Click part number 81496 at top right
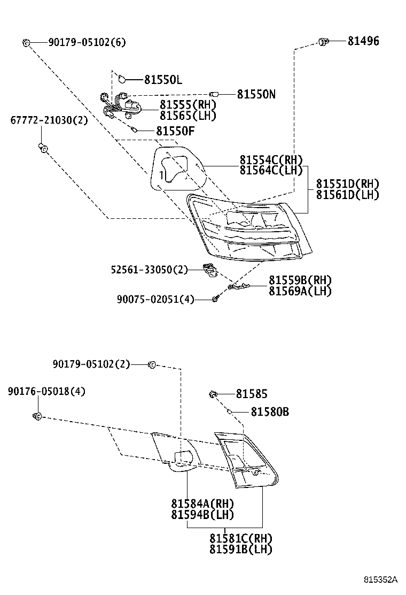tap(363, 41)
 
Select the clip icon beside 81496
tap(323, 41)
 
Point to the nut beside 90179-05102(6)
tap(26, 42)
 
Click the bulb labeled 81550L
tap(122, 80)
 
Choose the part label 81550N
tap(256, 94)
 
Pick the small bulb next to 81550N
tap(214, 94)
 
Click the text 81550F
tap(175, 130)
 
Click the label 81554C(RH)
tap(271, 160)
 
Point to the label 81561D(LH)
tap(347, 194)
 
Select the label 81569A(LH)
tap(300, 291)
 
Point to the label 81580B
tap(270, 412)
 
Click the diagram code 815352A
tap(381, 579)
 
